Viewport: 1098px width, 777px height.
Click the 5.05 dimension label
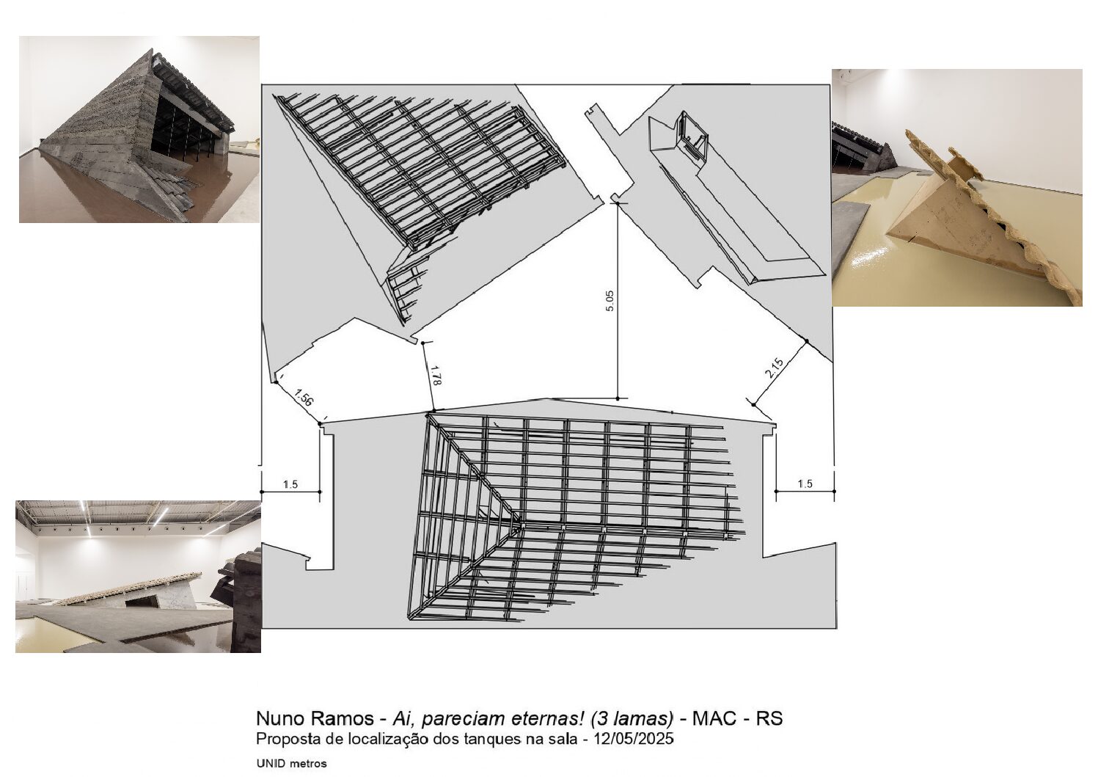click(x=610, y=301)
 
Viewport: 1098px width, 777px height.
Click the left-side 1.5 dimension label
click(x=290, y=485)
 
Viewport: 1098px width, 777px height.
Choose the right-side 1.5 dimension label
click(x=805, y=484)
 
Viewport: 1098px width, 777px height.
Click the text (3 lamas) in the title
click(x=630, y=718)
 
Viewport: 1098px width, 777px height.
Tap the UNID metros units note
click(x=291, y=763)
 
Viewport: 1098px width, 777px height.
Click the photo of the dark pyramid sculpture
click(x=139, y=129)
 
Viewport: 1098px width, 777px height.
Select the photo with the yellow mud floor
click(x=957, y=188)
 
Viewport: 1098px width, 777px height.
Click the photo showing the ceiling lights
click(x=138, y=577)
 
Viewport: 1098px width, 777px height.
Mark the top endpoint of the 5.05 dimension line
click(x=618, y=203)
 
